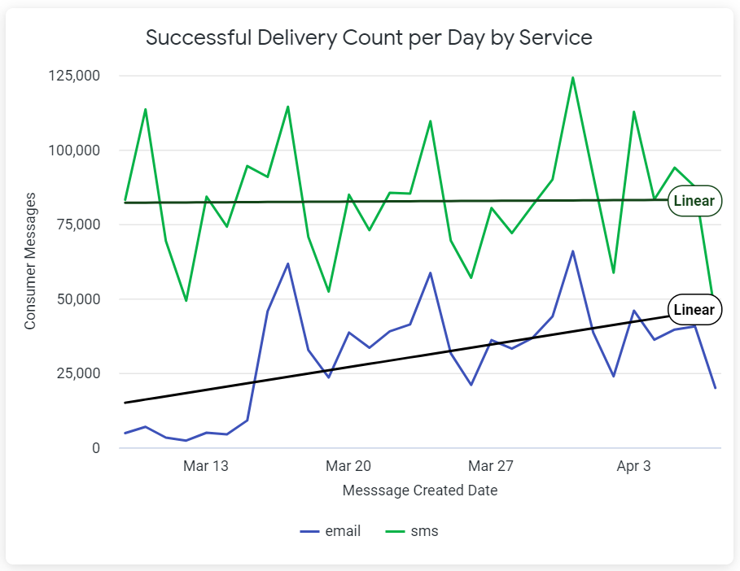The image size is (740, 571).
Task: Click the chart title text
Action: pyautogui.click(x=369, y=37)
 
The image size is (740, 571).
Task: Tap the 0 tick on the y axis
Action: pyautogui.click(x=96, y=448)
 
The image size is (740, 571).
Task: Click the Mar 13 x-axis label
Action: pyautogui.click(x=206, y=466)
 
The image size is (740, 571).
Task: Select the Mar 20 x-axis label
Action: pyautogui.click(x=348, y=466)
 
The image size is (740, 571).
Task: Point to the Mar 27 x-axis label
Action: pyautogui.click(x=491, y=466)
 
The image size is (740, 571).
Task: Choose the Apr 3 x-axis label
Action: pyautogui.click(x=633, y=466)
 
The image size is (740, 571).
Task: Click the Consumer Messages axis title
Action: pyautogui.click(x=31, y=260)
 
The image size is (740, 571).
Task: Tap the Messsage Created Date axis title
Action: pyautogui.click(x=420, y=490)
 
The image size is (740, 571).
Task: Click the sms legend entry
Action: pyautogui.click(x=411, y=531)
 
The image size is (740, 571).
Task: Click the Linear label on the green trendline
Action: pyautogui.click(x=694, y=201)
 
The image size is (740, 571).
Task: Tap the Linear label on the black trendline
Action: pyautogui.click(x=694, y=310)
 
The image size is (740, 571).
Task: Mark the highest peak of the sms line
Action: pyautogui.click(x=572, y=78)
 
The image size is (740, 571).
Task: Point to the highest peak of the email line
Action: pyautogui.click(x=572, y=251)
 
